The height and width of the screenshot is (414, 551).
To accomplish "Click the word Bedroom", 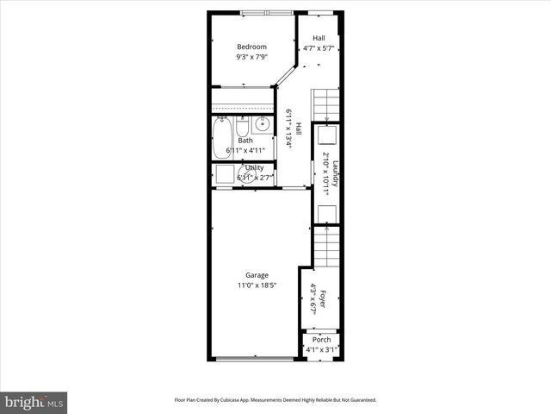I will click(251, 47).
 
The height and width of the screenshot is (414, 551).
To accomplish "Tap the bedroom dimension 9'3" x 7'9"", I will click(251, 57).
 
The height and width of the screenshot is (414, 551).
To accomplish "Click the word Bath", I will click(245, 141).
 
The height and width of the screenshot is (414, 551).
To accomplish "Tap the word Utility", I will click(254, 167).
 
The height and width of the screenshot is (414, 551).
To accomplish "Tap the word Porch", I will click(321, 339).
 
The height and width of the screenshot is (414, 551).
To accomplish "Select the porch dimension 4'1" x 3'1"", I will click(321, 349).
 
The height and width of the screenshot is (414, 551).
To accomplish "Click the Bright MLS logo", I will click(34, 402).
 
